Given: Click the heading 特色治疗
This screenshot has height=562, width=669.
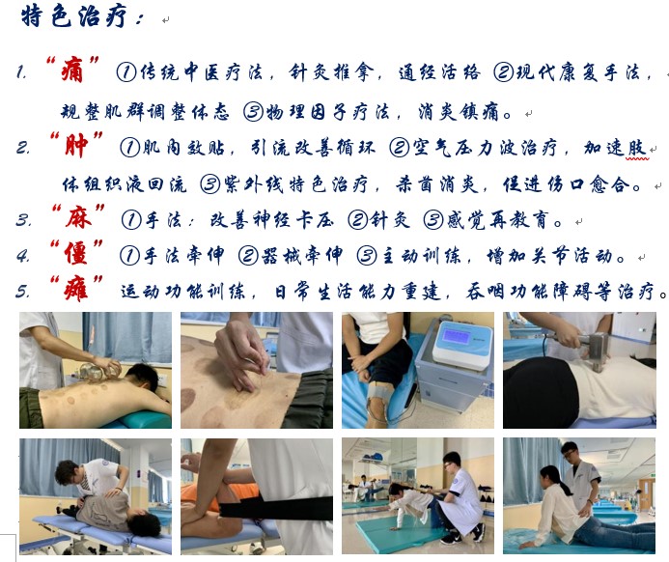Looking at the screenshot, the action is pyautogui.click(x=74, y=16).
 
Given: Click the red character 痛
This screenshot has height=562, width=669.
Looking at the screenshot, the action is pyautogui.click(x=72, y=70).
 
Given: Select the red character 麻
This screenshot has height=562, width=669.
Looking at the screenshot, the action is pyautogui.click(x=78, y=217).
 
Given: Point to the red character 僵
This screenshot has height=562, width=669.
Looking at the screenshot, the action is pyautogui.click(x=76, y=253).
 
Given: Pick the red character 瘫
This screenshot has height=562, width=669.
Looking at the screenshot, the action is pyautogui.click(x=76, y=289).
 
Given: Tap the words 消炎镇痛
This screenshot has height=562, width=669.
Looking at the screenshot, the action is pyautogui.click(x=458, y=112).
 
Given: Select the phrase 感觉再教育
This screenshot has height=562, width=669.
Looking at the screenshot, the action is pyautogui.click(x=497, y=219).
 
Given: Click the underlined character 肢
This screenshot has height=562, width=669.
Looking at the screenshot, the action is pyautogui.click(x=637, y=148).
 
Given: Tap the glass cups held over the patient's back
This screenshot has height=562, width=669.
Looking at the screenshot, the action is pyautogui.click(x=100, y=369).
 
